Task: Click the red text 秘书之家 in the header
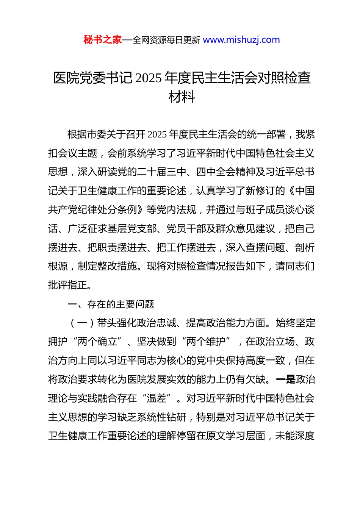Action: coord(103,40)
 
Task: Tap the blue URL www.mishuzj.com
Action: coord(241,40)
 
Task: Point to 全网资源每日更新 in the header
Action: coord(166,40)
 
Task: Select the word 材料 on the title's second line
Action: coord(182,97)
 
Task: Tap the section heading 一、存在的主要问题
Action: coord(111,304)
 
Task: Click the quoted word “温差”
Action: coord(156,398)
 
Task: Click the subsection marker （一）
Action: coord(83,323)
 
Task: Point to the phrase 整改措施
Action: coord(117,266)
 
